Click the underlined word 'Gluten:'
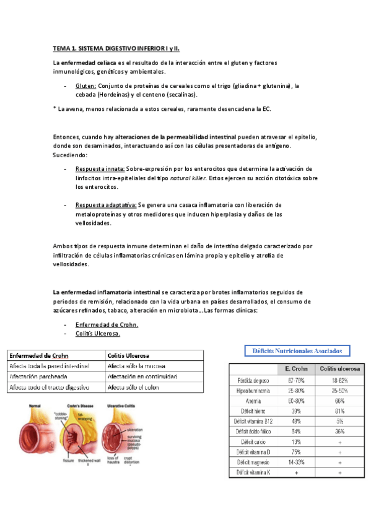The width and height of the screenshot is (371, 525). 85,86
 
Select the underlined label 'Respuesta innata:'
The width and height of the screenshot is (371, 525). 100,168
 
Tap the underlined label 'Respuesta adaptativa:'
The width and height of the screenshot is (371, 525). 105,205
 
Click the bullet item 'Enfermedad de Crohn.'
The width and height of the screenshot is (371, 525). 107,324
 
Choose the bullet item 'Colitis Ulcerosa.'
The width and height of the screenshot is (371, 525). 97,333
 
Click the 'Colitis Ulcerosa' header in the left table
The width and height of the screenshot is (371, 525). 128,356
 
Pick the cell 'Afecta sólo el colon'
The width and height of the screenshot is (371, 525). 133,388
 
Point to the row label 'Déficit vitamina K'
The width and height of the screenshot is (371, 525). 253,472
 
